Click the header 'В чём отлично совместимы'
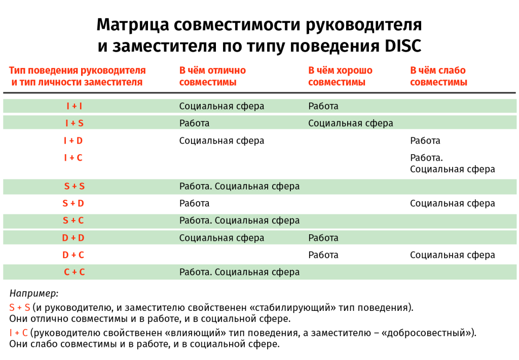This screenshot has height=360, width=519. [x=212, y=76]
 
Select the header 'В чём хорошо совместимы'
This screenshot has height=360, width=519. [x=340, y=76]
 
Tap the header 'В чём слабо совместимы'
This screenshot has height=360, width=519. [x=438, y=76]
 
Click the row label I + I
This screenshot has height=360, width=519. [x=74, y=106]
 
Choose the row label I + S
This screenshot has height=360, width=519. [x=74, y=123]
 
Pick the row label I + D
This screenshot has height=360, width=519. [x=73, y=141]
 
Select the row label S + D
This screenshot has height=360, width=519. [x=73, y=203]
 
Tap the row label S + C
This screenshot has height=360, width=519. [x=73, y=221]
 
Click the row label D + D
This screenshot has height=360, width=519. [x=73, y=238]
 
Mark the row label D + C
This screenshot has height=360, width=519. [x=73, y=255]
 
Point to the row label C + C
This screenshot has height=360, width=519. [x=74, y=272]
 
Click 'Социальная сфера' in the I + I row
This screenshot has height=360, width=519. [x=221, y=106]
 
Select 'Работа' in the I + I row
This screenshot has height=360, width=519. [x=323, y=106]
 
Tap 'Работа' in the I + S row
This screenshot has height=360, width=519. [x=194, y=123]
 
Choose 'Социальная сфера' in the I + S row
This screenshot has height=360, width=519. [x=350, y=123]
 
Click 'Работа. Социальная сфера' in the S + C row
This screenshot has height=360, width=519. [x=239, y=221]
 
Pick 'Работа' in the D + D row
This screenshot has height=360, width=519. [x=323, y=238]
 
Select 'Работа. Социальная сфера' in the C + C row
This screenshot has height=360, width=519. [x=239, y=272]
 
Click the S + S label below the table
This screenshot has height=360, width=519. [x=19, y=308]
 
